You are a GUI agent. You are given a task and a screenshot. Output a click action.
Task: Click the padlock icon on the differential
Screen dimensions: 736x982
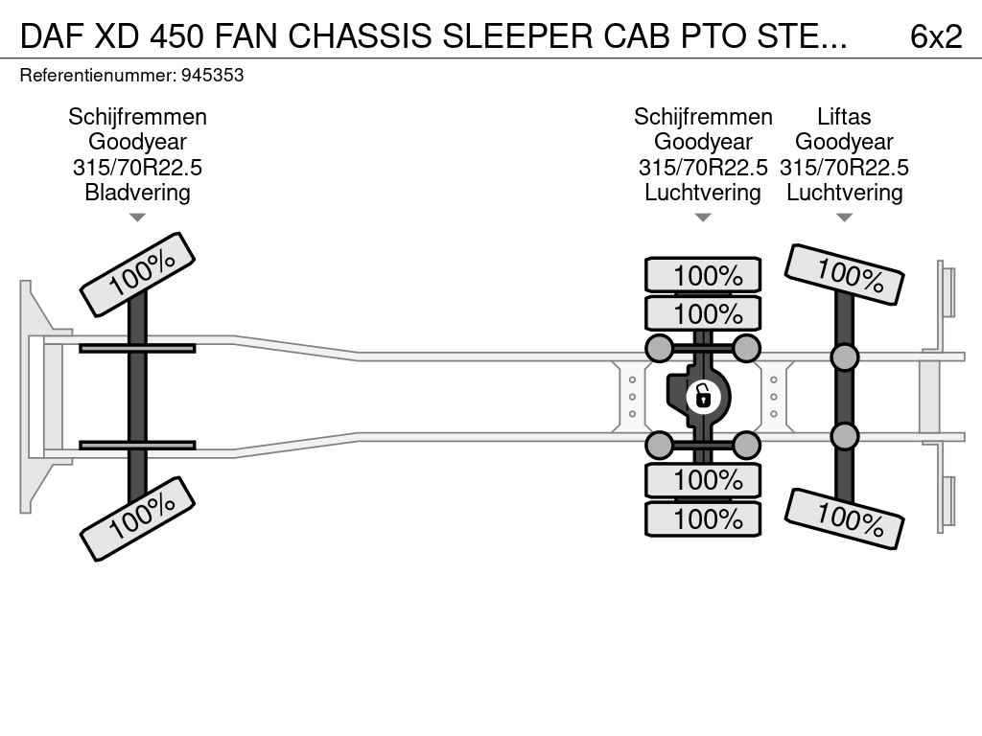[703, 395]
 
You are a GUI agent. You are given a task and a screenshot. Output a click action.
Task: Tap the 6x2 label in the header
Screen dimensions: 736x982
[935, 36]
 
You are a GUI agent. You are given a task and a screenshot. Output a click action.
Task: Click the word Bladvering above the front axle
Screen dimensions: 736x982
[137, 192]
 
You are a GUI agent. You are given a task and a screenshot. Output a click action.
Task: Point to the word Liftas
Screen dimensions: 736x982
[844, 117]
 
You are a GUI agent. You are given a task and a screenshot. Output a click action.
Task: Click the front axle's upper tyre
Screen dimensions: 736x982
[137, 273]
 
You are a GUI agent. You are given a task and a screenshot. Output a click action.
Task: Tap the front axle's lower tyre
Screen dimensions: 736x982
[137, 518]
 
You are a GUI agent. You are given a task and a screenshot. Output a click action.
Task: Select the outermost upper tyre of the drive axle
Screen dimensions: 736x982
[703, 275]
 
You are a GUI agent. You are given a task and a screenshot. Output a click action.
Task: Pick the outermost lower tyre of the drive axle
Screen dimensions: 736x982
[703, 518]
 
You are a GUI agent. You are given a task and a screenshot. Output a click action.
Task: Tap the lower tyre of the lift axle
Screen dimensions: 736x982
[844, 518]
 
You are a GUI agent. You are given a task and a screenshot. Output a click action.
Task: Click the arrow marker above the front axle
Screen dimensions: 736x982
[137, 218]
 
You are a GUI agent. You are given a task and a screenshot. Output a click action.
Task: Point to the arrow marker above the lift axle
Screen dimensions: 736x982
[844, 218]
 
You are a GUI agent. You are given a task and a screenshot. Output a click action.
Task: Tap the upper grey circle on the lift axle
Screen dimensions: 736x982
[844, 357]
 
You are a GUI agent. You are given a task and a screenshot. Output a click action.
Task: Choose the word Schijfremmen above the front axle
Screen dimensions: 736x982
[137, 117]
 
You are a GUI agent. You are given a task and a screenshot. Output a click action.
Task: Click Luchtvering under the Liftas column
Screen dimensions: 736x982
[844, 192]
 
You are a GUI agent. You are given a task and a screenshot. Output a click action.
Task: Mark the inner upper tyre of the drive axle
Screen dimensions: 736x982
[703, 313]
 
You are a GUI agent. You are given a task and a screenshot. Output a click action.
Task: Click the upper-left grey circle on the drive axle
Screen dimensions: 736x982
[660, 347]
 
